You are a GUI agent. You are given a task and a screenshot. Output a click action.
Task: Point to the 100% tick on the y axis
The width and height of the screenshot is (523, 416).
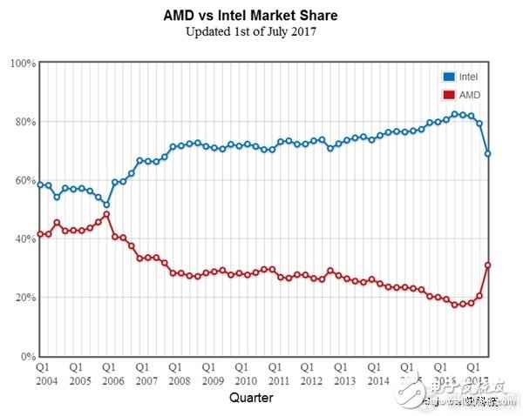(x=22, y=64)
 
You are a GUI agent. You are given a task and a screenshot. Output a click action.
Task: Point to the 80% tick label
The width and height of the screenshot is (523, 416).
(x=24, y=122)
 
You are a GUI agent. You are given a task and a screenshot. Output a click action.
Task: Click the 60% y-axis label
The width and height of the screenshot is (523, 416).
(x=24, y=181)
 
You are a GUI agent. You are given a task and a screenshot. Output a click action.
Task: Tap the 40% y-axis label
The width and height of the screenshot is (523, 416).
(x=24, y=239)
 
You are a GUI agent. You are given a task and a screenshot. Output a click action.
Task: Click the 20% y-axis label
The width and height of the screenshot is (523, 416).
(x=24, y=298)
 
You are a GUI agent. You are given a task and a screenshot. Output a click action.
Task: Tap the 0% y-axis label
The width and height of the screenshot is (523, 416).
(x=26, y=356)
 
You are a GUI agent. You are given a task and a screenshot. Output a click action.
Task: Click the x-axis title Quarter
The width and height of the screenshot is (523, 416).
(x=251, y=398)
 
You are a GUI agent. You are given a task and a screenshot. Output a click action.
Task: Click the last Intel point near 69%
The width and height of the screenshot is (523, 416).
(x=488, y=153)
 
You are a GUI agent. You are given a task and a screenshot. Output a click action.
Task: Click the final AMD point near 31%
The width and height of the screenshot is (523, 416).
(x=488, y=265)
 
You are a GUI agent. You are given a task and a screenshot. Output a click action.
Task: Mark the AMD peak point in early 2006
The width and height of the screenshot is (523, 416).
(x=106, y=214)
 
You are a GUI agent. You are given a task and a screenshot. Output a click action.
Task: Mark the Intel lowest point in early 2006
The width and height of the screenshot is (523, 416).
(x=106, y=205)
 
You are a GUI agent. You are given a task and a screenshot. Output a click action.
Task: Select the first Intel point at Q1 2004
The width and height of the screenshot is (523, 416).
(x=40, y=185)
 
